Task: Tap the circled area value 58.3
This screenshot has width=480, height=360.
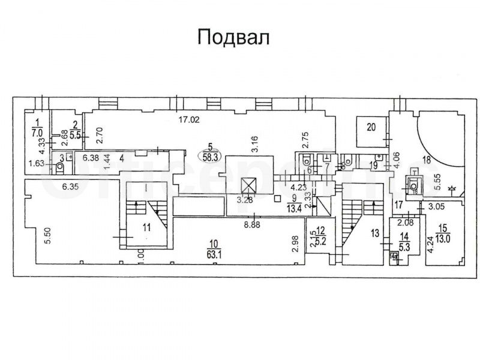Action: [x=210, y=154]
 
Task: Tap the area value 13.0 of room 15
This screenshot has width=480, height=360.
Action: [x=444, y=235]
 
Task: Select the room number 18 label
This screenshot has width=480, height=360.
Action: [x=427, y=160]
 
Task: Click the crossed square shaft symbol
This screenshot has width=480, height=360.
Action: [x=247, y=185]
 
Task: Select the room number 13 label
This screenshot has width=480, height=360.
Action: [x=376, y=233]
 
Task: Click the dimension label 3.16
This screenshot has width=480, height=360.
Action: [x=254, y=143]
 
